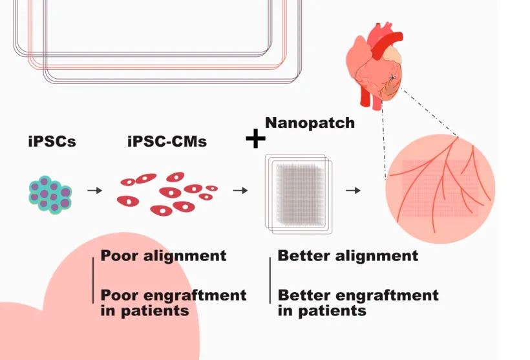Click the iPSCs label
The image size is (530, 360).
52,142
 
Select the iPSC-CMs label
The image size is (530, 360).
167,142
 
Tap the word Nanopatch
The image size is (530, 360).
310,123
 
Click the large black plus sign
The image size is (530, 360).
255,138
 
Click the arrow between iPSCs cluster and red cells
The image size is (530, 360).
94,191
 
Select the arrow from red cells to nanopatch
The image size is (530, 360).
240,191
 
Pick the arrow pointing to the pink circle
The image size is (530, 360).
353,191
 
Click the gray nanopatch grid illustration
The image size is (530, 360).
299,194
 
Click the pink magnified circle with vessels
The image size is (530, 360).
440,189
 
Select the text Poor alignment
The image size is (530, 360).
164,256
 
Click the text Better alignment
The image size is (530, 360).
348,256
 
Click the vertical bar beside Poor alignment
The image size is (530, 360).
93,281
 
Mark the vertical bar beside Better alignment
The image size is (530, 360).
270,281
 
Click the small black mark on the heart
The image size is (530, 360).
392,78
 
